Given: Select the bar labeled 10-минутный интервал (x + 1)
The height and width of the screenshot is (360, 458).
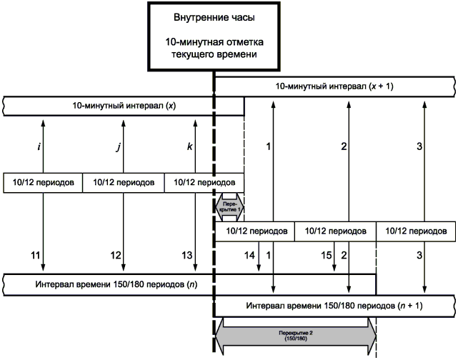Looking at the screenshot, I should coord(334,86).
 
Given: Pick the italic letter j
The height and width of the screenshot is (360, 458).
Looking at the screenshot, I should coord(118,147).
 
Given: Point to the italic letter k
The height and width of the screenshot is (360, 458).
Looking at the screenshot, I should coord(189,147).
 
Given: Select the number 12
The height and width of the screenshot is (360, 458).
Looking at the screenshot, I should coord(116,254).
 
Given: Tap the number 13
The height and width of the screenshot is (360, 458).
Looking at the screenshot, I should coord(187,254).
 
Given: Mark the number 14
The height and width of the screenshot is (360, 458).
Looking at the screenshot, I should coord(250,254).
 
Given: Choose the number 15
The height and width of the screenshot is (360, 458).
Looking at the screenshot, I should coord(327,254).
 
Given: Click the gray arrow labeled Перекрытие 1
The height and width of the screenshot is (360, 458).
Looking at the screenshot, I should coord(229,206).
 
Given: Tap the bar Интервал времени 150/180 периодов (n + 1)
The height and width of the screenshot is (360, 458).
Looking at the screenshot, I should coord(334,306).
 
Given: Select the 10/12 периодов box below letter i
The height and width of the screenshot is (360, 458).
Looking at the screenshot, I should coord(43,182).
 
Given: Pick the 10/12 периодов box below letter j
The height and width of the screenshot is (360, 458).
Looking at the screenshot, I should coord(124,182).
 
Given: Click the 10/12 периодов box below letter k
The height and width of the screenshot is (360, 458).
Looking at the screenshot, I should coord(204,182).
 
